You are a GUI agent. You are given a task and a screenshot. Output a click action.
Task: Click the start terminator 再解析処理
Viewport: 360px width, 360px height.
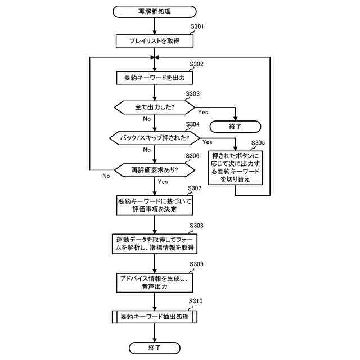155,11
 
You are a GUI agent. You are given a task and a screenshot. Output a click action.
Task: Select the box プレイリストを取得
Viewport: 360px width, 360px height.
155,40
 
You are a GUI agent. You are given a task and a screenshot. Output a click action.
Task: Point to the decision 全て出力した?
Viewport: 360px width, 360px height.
155,106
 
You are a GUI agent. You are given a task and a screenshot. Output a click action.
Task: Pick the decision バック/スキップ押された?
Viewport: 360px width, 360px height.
155,137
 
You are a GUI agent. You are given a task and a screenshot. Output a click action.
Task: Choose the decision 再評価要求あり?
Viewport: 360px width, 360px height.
155,169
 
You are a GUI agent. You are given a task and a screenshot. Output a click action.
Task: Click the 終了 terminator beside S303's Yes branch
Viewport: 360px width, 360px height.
235,126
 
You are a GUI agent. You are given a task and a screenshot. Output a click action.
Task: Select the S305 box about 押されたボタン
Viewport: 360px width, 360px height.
235,167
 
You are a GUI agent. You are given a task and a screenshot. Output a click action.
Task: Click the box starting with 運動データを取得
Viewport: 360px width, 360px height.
155,243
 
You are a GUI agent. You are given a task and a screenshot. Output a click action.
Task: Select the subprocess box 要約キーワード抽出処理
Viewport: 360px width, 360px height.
155,317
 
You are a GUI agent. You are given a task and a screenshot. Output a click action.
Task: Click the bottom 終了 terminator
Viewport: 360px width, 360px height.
155,348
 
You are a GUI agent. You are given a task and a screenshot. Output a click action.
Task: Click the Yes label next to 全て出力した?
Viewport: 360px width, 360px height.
203,112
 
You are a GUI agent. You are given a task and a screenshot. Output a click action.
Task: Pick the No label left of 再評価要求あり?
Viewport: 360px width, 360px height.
106,175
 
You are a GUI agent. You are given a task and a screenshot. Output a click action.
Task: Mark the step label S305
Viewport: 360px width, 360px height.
258,143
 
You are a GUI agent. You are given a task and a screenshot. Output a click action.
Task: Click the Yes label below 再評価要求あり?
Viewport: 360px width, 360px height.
163,182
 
